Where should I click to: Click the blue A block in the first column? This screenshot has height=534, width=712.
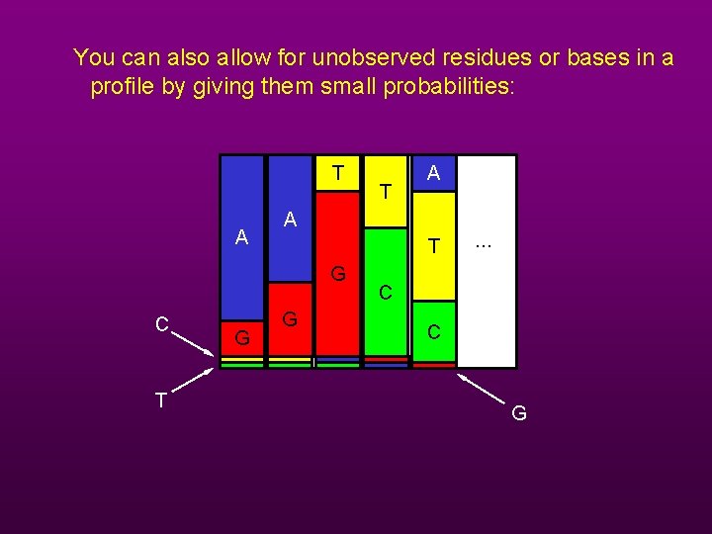(x=241, y=237)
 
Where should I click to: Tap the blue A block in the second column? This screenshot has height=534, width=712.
(x=290, y=220)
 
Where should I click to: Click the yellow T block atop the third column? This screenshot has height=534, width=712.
(x=338, y=174)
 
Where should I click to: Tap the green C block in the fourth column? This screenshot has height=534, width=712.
(x=386, y=292)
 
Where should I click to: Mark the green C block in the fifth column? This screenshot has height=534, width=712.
(x=433, y=332)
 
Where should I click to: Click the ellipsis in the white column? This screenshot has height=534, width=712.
(x=484, y=243)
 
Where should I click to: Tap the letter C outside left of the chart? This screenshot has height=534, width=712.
(x=160, y=324)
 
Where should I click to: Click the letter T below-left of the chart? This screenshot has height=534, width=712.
(x=160, y=400)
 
